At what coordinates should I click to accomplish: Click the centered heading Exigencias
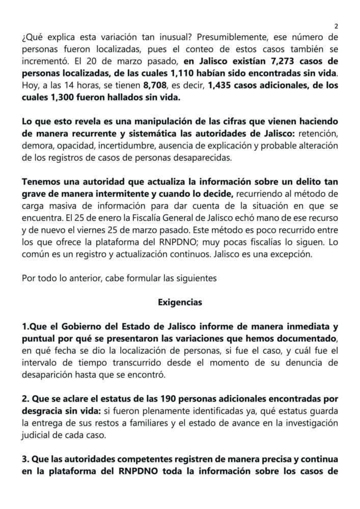[x=180, y=302]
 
